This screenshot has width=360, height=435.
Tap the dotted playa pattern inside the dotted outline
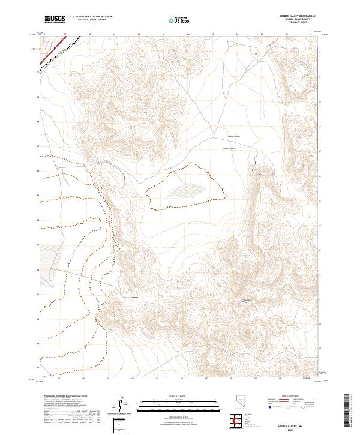189,190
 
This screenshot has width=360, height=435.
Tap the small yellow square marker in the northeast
256,54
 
